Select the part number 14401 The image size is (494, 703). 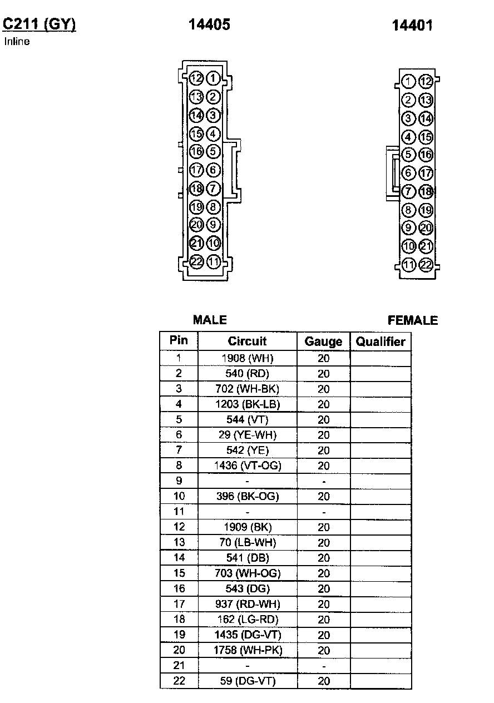tap(412, 25)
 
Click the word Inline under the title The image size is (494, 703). tap(17, 41)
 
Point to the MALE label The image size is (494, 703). tap(210, 320)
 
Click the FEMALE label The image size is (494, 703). tap(412, 320)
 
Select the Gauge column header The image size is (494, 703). tap(323, 341)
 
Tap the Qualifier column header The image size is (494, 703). tap(381, 341)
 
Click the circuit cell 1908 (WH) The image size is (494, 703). tap(248, 358)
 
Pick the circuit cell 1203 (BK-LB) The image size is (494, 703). tap(248, 404)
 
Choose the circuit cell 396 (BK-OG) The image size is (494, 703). tap(248, 496)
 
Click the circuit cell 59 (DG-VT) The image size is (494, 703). tap(248, 681)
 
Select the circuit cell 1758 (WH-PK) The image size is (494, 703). tap(248, 650)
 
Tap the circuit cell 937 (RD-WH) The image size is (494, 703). tap(248, 604)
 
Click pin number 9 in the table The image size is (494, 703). tap(179, 481)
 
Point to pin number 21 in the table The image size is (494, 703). tap(179, 665)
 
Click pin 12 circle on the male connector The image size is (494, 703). tap(196, 78)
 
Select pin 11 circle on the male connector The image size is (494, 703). tap(214, 262)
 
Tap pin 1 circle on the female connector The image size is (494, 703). tap(409, 82)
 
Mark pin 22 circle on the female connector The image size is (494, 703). tap(426, 265)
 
